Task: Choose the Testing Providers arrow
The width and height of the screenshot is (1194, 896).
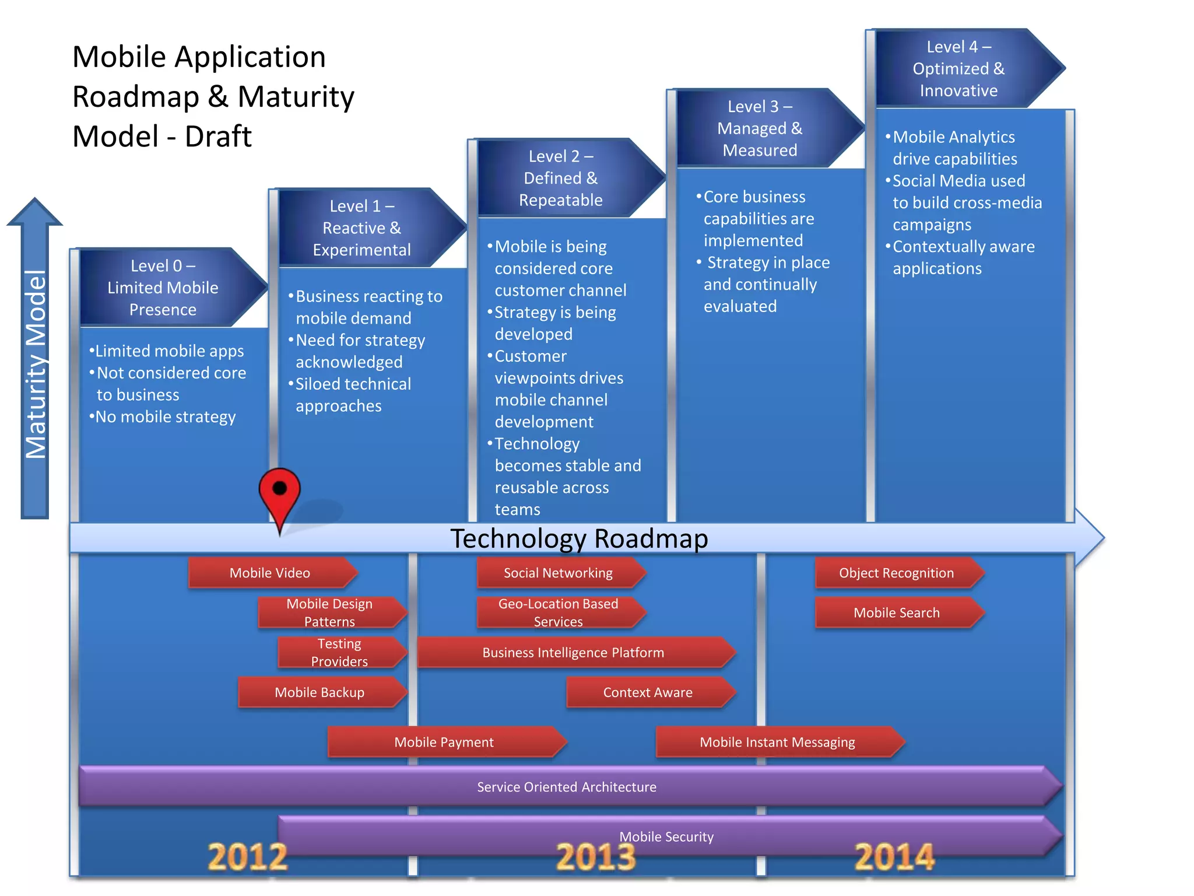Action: pos(340,652)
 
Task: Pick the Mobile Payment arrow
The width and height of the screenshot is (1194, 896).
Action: pos(445,742)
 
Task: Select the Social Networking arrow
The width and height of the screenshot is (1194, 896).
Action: pos(559,573)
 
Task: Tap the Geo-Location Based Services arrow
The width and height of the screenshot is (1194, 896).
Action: pos(559,612)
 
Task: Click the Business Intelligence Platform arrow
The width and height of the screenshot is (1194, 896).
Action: pos(574,652)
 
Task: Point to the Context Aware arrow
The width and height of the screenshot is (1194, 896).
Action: pos(648,692)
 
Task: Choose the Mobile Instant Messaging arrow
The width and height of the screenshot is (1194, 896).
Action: pos(778,742)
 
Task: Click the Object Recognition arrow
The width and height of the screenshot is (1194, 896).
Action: pos(897,573)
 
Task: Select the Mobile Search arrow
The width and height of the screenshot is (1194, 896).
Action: pos(897,612)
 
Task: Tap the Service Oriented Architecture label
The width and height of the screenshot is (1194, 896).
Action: pos(567,787)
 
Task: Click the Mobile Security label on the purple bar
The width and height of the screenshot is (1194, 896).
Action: pos(666,836)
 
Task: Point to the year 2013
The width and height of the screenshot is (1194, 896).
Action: pos(595,857)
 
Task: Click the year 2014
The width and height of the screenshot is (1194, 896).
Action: pos(894,857)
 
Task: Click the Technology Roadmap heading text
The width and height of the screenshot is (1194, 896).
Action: pos(579,538)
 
